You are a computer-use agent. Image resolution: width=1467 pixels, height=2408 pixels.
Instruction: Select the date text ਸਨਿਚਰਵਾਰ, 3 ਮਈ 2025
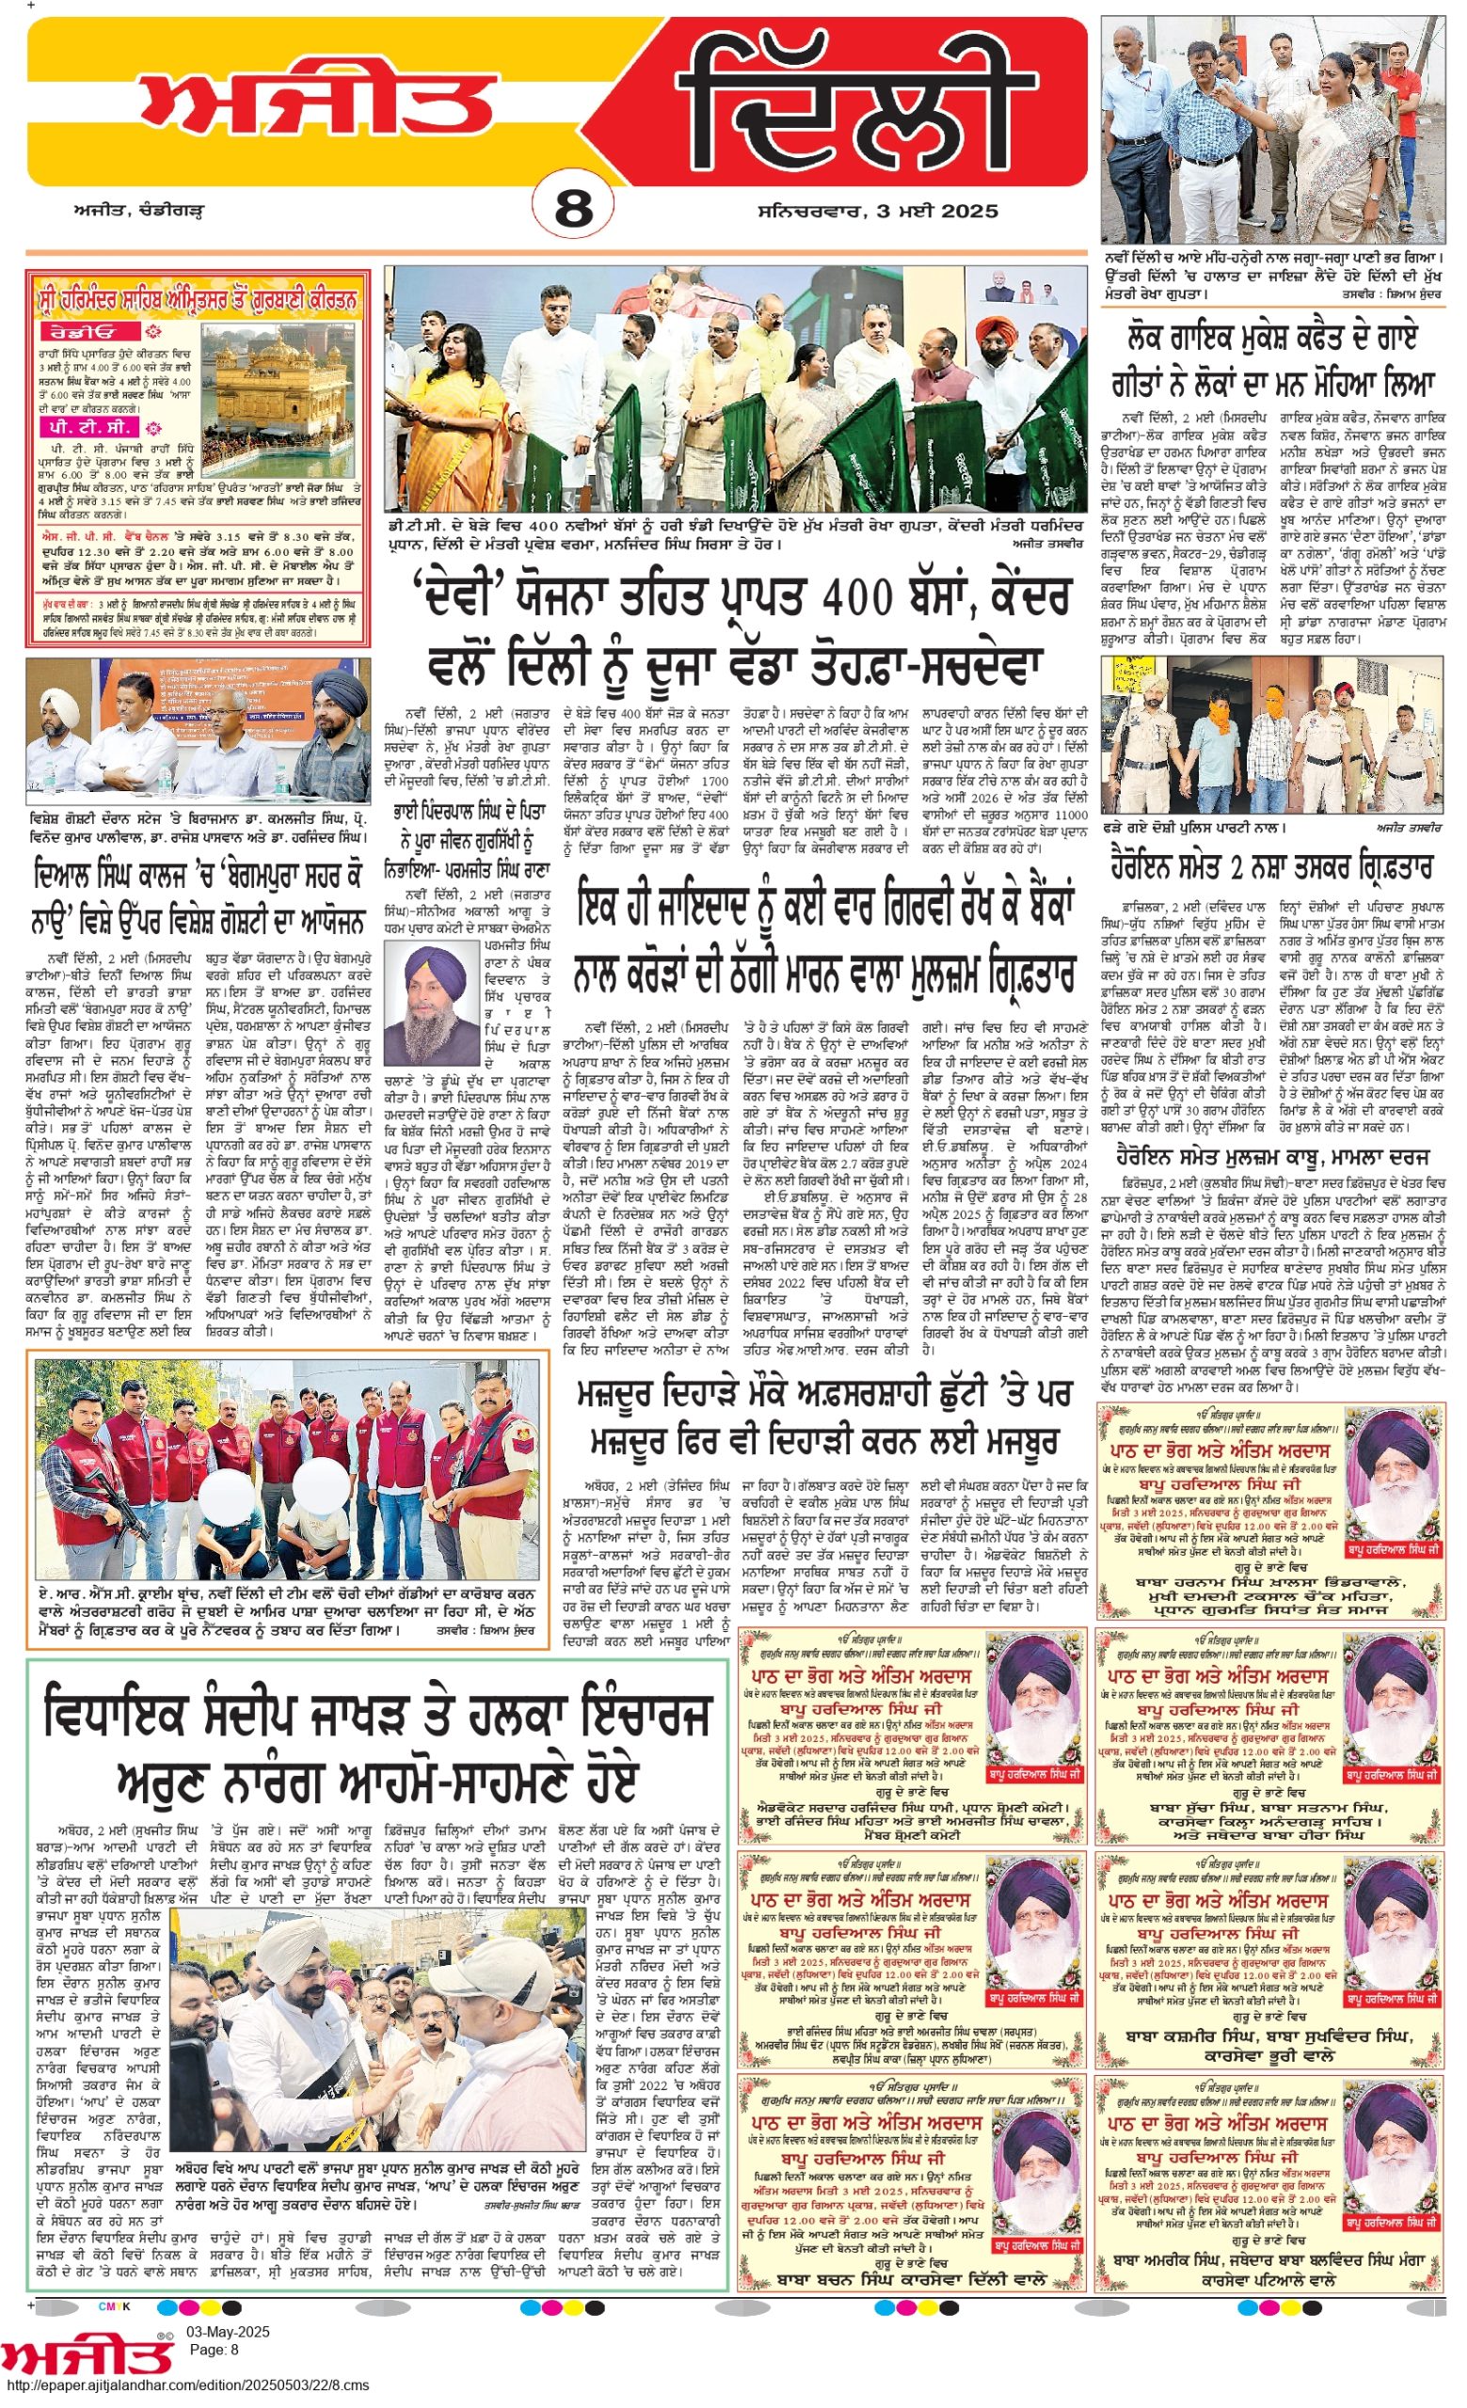pyautogui.click(x=877, y=211)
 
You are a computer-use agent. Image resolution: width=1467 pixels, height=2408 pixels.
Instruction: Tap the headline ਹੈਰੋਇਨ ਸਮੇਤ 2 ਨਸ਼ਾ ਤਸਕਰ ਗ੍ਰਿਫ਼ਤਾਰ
pyautogui.click(x=1271, y=868)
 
